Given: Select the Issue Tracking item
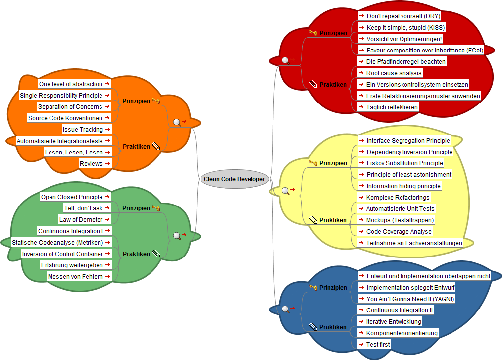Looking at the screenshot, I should tap(83, 130).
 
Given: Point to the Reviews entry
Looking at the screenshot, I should tap(91, 164).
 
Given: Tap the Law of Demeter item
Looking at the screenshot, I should tap(81, 220).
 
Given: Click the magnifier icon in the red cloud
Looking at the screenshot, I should tap(285, 61).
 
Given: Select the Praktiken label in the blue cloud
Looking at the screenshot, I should tap(333, 327).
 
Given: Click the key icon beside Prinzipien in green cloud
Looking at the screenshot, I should tap(156, 208).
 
